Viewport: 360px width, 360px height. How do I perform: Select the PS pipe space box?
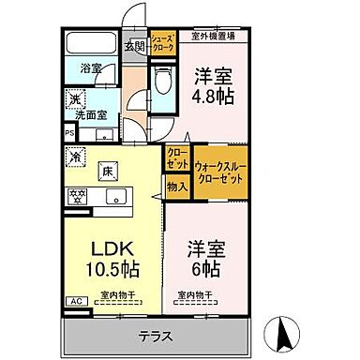coord(68,132)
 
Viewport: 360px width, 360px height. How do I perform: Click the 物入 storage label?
coord(177,186)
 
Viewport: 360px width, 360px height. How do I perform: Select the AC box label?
coord(73,301)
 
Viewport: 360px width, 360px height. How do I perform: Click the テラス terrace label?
coord(157,335)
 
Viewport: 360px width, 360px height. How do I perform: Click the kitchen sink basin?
coord(118,196)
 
